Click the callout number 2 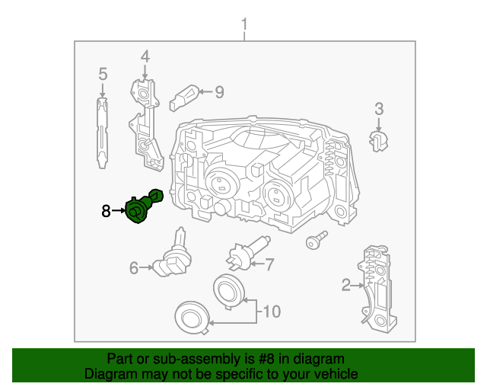345,286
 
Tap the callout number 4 145,56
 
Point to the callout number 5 103,75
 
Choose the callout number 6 134,267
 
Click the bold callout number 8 107,210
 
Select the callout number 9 219,92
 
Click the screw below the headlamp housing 311,242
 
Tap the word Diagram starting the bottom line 108,374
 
